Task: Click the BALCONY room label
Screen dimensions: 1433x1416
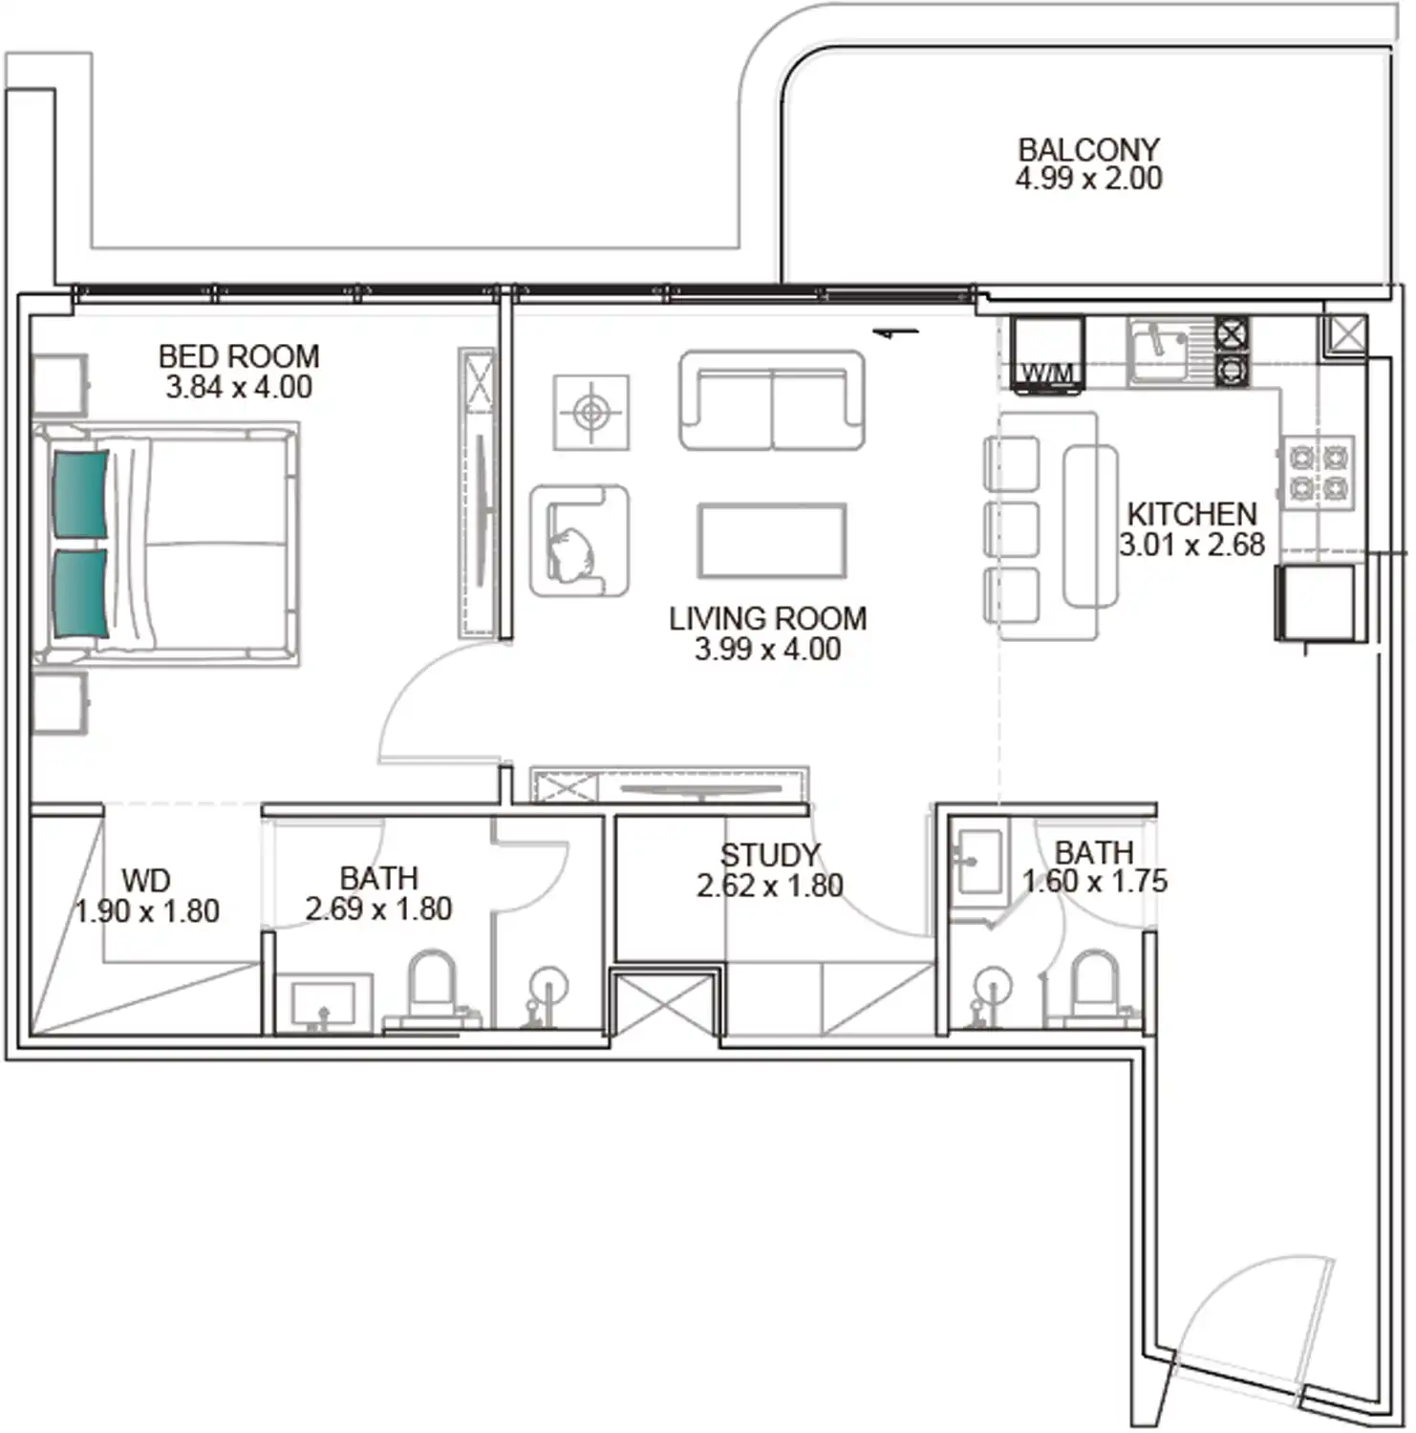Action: (1088, 150)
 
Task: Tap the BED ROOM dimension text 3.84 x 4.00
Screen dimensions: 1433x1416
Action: (239, 388)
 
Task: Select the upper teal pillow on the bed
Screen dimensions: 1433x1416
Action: (80, 493)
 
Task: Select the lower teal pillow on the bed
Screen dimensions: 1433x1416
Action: (80, 592)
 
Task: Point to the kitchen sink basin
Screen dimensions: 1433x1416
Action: (1157, 352)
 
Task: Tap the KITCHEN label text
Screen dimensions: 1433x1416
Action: (1191, 514)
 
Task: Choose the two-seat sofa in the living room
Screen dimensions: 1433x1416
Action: (772, 400)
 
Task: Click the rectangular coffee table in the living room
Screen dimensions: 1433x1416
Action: (772, 542)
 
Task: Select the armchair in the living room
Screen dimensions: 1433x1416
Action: (579, 542)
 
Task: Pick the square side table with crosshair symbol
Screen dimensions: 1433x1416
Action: (591, 413)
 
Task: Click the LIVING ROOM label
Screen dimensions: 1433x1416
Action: (767, 619)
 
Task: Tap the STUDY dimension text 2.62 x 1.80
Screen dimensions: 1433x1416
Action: (769, 887)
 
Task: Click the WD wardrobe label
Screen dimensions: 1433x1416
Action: (146, 880)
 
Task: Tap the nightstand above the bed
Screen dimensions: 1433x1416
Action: (59, 384)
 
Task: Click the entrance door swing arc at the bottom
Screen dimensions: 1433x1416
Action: (1242, 1328)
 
